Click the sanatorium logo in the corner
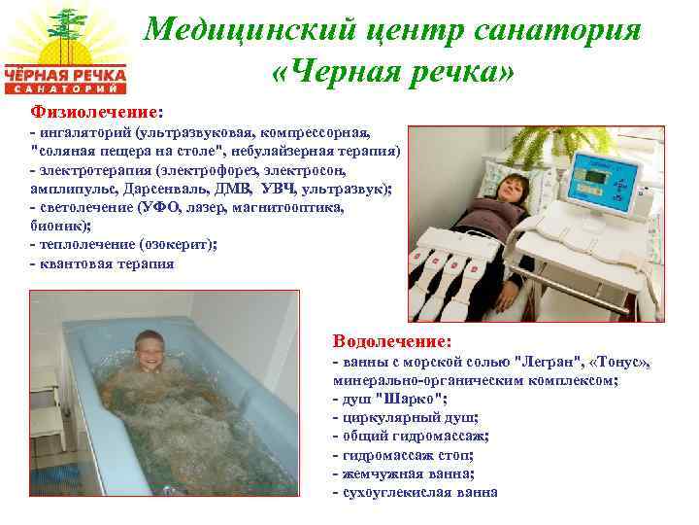click(x=65, y=49)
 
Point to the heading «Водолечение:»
click(x=392, y=341)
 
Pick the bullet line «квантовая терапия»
click(x=105, y=262)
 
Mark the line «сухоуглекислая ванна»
click(x=416, y=492)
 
